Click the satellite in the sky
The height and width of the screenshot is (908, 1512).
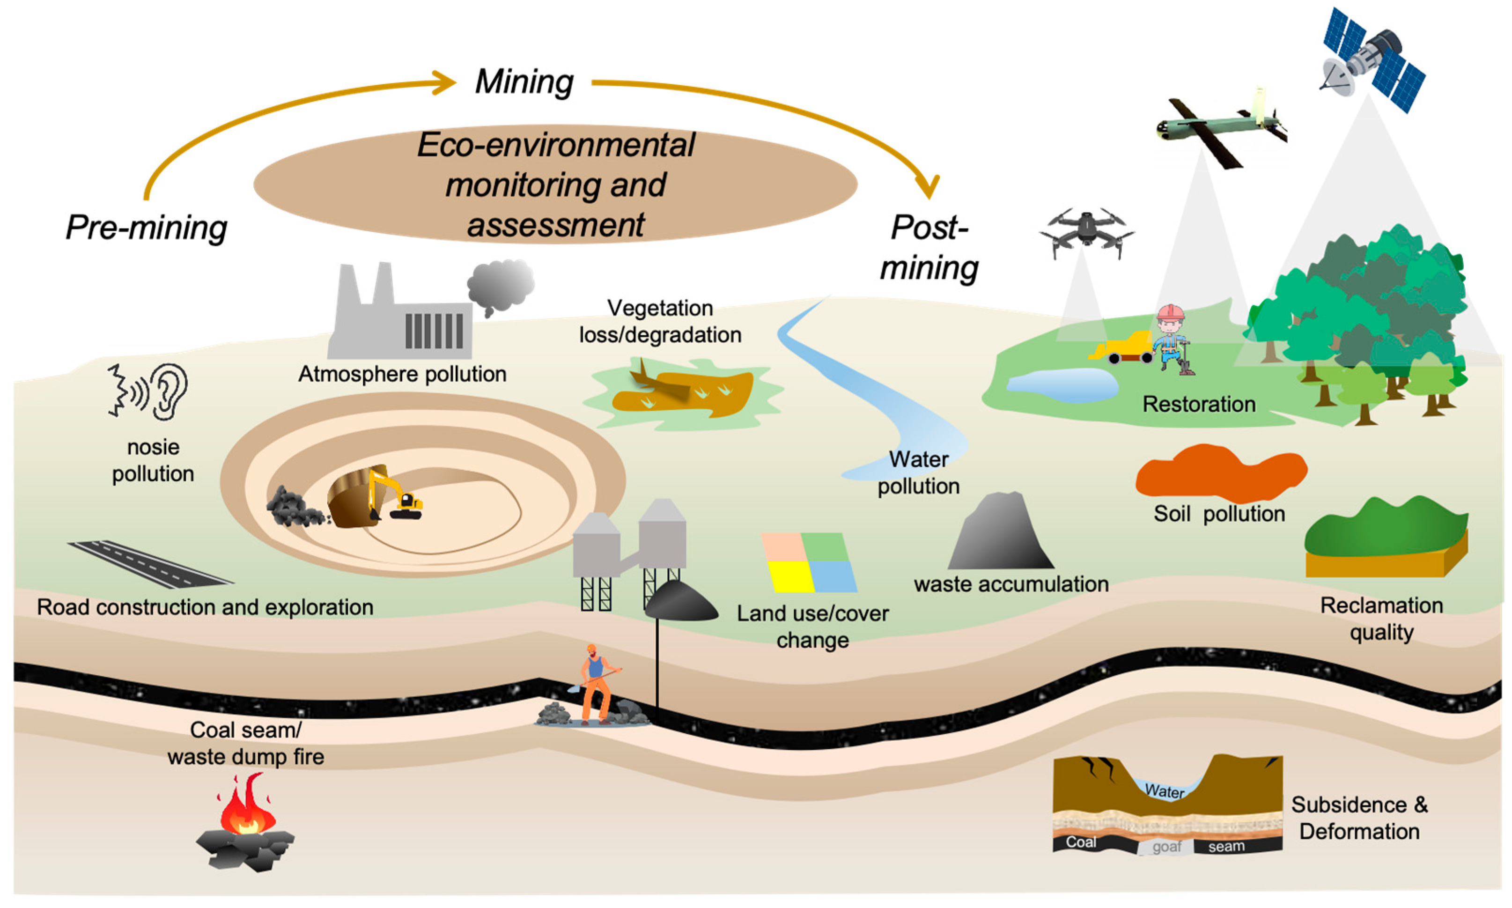[x=1373, y=60]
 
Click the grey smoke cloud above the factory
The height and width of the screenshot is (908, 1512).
[x=500, y=285]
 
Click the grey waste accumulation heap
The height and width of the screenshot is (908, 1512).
[x=1001, y=533]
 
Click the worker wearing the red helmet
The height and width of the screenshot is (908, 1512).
[x=1171, y=339]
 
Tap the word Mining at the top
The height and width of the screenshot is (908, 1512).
[x=524, y=81]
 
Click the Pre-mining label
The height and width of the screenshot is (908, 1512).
[x=146, y=228]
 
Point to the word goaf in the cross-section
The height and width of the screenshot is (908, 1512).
[x=1166, y=847]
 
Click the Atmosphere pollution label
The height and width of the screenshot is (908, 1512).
[x=402, y=374]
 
